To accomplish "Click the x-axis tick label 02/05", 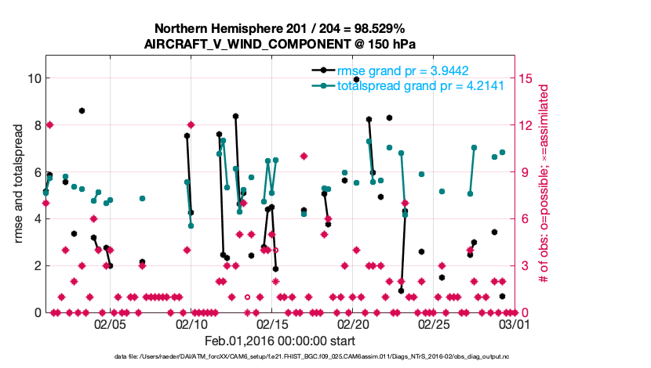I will click(x=110, y=323).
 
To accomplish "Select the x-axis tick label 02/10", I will click(x=191, y=323).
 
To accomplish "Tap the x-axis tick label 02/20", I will click(x=353, y=323).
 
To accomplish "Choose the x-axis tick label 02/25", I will click(x=434, y=323).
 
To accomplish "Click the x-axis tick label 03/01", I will click(x=515, y=323).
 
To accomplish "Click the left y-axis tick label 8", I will click(x=36, y=125).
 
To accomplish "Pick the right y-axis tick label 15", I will click(x=526, y=78).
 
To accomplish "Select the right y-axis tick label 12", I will click(x=526, y=125).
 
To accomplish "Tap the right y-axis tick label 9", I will click(x=523, y=171).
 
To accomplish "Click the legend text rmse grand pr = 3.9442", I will click(x=398, y=71).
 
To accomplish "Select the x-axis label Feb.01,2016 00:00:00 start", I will click(x=280, y=341).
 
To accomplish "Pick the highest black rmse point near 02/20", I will click(x=356, y=80).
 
